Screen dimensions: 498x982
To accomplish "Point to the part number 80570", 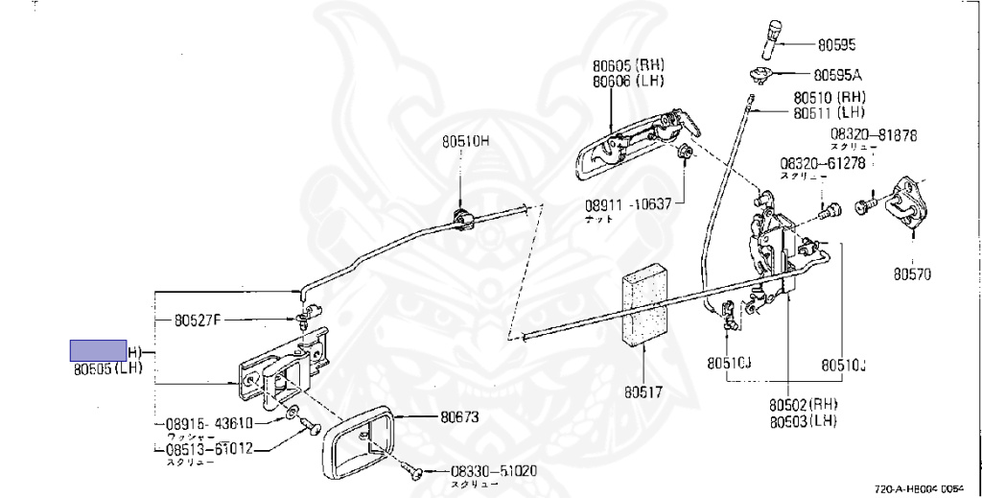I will [912, 273].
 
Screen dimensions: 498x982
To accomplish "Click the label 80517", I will [644, 391].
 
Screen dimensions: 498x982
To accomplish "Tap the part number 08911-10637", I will [627, 203].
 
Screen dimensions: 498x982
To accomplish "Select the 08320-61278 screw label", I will [823, 163].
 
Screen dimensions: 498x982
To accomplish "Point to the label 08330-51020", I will [493, 471].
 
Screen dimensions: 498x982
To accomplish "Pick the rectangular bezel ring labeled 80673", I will [356, 440].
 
